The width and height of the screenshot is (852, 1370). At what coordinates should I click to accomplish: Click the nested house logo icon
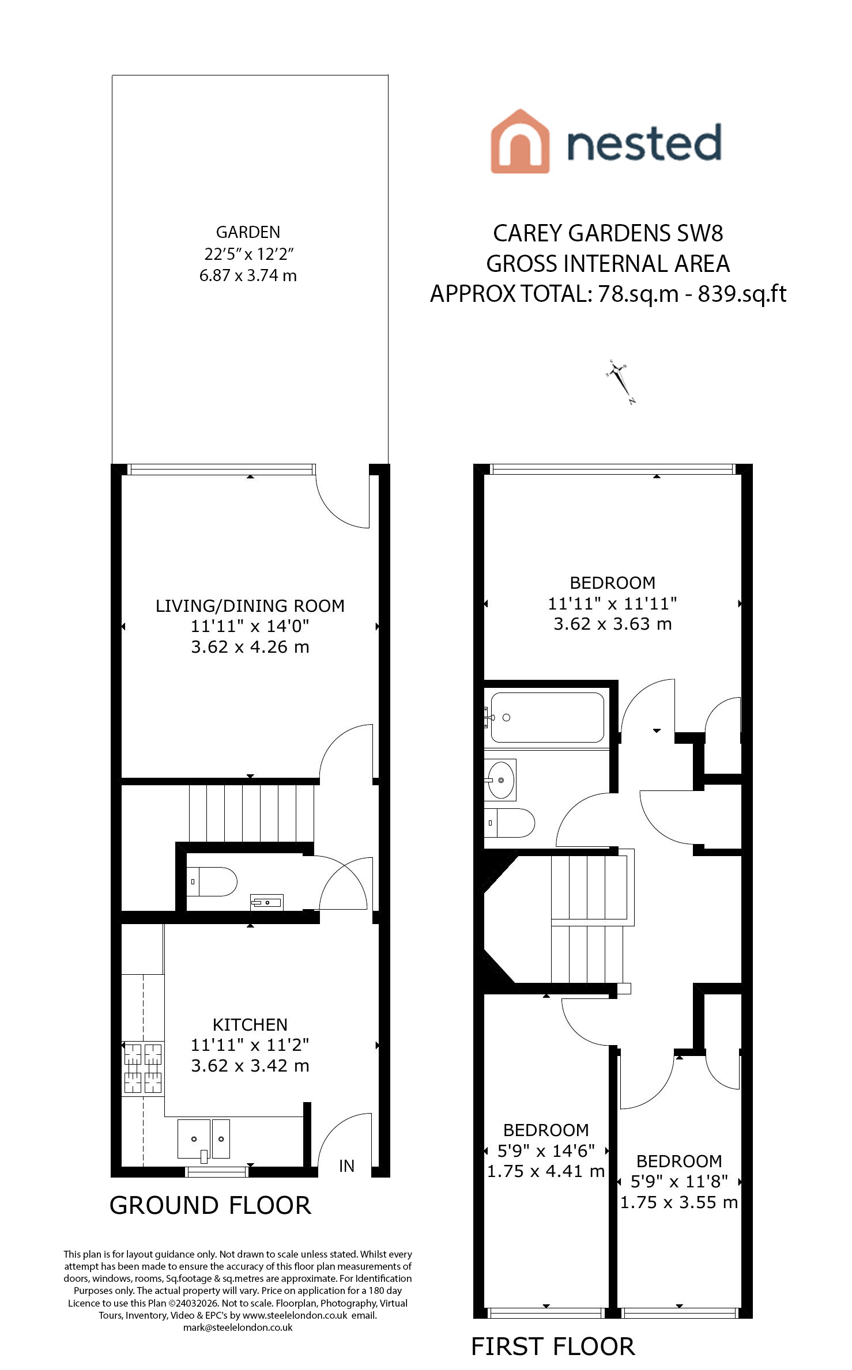[519, 141]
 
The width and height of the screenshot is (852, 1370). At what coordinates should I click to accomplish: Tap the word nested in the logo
[644, 142]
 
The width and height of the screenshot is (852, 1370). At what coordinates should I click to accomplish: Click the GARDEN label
[248, 232]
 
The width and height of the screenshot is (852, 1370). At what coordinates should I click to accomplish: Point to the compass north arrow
[621, 382]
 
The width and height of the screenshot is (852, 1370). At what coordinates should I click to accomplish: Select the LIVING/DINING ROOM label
[250, 606]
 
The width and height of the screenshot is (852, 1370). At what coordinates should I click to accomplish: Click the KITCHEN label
[250, 1025]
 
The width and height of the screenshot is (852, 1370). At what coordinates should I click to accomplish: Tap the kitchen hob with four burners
[143, 1069]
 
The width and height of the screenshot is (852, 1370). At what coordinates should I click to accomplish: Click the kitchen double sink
[204, 1139]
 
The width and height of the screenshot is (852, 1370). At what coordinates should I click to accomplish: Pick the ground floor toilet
[212, 881]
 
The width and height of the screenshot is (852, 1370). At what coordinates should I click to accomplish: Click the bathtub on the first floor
[547, 717]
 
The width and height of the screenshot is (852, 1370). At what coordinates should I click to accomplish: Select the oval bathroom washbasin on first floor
[501, 780]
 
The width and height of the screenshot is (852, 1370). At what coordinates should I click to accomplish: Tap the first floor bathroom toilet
[510, 823]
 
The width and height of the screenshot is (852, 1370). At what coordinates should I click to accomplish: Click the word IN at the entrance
[346, 1166]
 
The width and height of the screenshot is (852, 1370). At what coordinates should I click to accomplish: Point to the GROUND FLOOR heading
[210, 1205]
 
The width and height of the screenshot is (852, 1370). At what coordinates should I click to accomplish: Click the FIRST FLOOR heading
[553, 1346]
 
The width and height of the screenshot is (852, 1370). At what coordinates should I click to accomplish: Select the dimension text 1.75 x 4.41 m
[546, 1171]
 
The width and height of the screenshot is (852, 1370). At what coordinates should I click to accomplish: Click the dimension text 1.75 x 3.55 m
[679, 1202]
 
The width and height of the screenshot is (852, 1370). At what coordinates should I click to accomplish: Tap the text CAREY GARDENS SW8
[608, 233]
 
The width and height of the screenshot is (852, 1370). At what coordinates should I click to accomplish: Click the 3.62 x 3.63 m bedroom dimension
[613, 624]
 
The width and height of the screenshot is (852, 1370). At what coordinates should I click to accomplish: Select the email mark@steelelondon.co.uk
[238, 1327]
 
